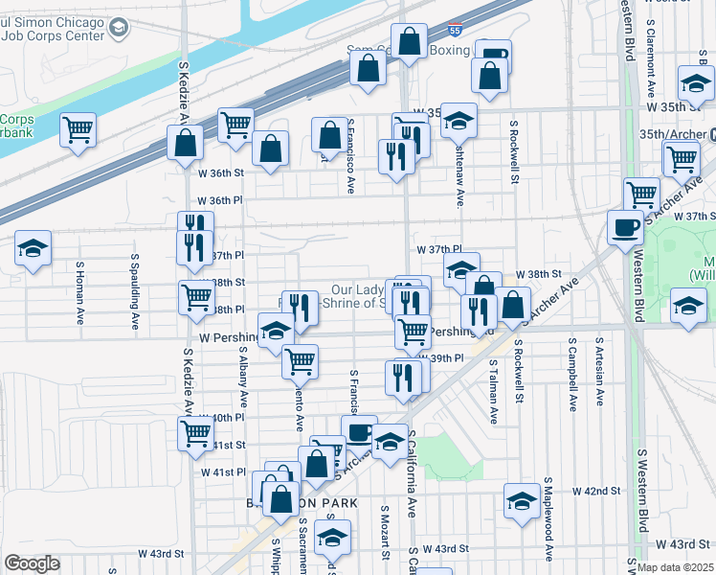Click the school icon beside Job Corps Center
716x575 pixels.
click(118, 28)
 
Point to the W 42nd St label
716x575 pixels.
click(597, 491)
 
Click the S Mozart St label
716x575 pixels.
click(385, 537)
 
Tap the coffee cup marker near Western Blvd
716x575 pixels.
click(626, 227)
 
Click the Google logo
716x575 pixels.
click(32, 563)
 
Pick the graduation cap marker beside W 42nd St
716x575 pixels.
click(522, 500)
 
